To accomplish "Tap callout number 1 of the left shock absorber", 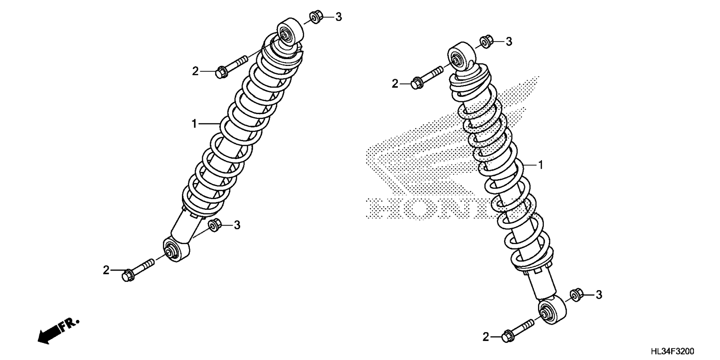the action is (194, 123).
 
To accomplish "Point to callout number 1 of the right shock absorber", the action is (541, 165).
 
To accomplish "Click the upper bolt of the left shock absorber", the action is (232, 66).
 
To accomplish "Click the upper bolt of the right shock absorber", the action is (428, 77).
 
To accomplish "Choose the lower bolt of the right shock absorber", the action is (518, 330).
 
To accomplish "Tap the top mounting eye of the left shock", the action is (290, 33).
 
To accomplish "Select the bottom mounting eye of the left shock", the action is (176, 249).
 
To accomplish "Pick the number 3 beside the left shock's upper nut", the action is (338, 17).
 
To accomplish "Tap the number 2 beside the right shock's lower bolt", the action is (486, 337).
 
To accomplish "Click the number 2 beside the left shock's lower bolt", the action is (106, 270).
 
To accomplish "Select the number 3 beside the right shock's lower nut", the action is (599, 295).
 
